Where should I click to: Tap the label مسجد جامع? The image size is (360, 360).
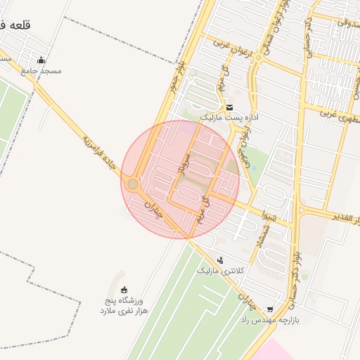click(x=41, y=71)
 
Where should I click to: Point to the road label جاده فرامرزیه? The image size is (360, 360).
click(x=98, y=152)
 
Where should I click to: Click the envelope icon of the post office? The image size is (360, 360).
click(x=230, y=107)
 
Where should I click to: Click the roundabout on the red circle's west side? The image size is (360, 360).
click(x=133, y=184)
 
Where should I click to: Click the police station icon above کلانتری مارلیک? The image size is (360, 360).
click(x=221, y=259)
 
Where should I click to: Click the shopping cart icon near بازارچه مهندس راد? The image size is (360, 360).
click(x=270, y=309)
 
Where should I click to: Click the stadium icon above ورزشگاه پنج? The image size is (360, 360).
click(x=124, y=290)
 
